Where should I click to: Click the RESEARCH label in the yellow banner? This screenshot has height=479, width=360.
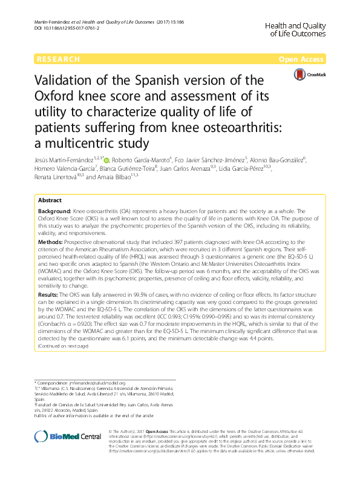point(58,59)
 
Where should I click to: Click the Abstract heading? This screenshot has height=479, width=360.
point(50,200)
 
